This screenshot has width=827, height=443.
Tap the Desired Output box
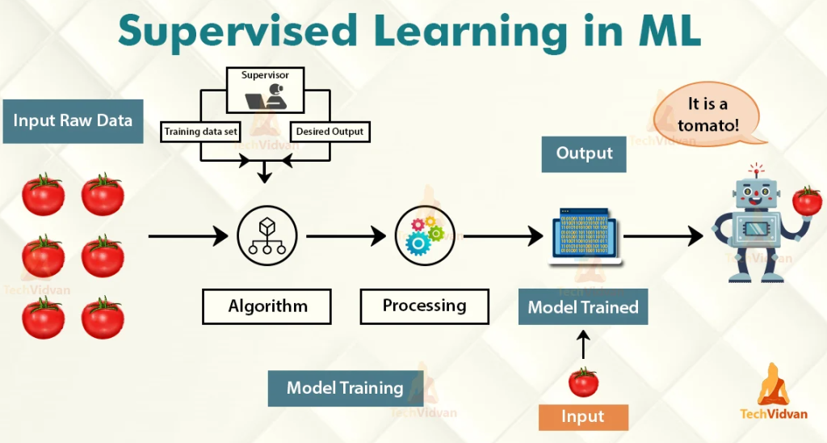[x=330, y=130]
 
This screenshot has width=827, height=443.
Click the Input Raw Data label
[x=73, y=121]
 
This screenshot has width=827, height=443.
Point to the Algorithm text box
[x=267, y=306]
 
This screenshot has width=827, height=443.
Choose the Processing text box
[x=424, y=306]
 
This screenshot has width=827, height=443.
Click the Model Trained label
[x=582, y=307]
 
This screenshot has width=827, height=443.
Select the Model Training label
[x=345, y=388]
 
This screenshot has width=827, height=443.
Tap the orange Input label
[x=582, y=416]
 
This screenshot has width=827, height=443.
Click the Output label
[x=584, y=153]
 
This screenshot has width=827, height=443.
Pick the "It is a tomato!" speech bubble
[x=707, y=114]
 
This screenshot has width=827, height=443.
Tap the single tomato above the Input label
[x=582, y=381]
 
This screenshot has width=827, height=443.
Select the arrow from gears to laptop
[x=502, y=237]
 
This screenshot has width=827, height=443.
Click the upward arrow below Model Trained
[x=582, y=345]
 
